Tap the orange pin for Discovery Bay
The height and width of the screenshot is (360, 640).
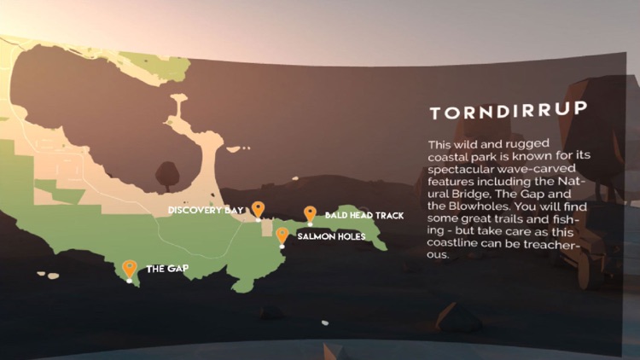[258, 209]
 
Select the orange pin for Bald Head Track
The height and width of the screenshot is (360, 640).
[310, 213]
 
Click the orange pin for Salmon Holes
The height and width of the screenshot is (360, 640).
[282, 234]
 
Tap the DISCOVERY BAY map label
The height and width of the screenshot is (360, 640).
[206, 210]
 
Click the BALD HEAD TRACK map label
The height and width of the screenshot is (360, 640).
[364, 215]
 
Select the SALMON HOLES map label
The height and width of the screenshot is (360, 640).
[332, 235]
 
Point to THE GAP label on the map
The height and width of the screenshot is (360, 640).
[167, 269]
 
